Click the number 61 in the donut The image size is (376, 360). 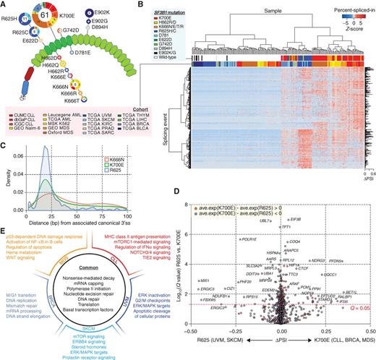coord(45,17)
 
